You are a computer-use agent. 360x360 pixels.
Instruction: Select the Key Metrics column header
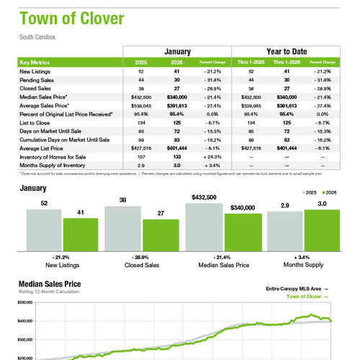(36, 62)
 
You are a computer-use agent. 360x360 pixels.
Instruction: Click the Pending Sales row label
(40, 80)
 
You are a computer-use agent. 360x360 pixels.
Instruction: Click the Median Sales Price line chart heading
(50, 284)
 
